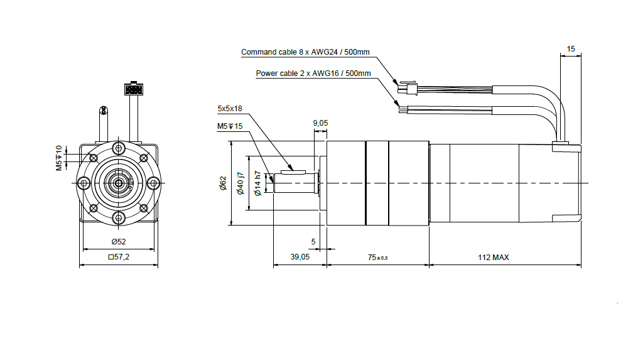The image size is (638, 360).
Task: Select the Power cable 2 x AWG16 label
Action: click(313, 74)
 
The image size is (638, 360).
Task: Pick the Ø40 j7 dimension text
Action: click(239, 183)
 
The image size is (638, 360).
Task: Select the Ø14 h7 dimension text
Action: click(257, 183)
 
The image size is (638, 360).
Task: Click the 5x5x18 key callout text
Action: click(230, 109)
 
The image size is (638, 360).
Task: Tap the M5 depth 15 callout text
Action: click(229, 126)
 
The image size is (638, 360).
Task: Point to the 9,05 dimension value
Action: click(320, 123)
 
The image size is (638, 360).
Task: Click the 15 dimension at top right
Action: click(570, 48)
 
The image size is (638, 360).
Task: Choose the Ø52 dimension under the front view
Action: click(118, 241)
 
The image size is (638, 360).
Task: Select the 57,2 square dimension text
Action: click(119, 257)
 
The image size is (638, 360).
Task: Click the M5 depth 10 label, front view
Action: click(58, 158)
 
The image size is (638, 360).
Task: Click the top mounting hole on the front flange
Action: click(119, 148)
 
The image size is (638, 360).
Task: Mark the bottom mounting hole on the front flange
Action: click(119, 217)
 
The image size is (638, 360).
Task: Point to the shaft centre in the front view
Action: click(118, 183)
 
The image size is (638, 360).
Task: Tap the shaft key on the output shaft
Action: click(293, 170)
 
